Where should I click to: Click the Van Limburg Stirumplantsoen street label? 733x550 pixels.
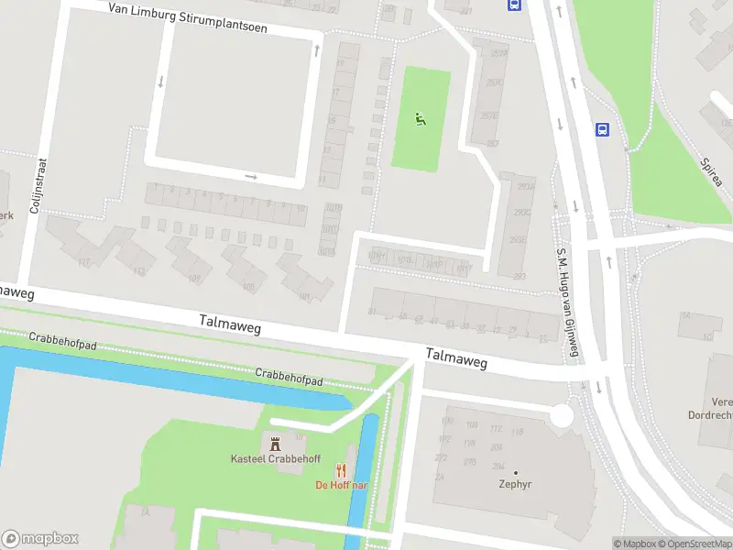(x=187, y=17)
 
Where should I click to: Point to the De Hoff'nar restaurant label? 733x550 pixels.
(x=342, y=485)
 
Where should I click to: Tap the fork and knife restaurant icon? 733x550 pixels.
(x=342, y=471)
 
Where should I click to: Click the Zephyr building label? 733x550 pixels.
(x=516, y=485)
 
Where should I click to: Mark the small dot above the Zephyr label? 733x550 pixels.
(x=516, y=472)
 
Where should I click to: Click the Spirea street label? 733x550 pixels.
(x=711, y=170)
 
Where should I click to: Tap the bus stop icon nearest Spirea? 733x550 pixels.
(x=602, y=130)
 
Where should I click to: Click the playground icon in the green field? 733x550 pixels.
(x=421, y=118)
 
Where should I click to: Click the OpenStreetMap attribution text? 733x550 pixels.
(x=694, y=544)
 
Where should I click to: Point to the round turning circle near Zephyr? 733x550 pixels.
(x=561, y=416)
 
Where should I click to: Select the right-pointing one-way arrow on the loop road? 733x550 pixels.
(x=251, y=177)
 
